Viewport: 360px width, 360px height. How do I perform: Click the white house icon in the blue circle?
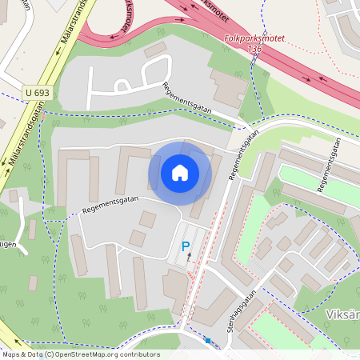(x=179, y=172)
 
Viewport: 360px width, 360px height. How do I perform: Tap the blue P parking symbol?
(x=186, y=248)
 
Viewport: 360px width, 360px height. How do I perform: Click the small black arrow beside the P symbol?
(x=190, y=258)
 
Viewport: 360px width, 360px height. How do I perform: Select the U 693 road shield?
(x=36, y=93)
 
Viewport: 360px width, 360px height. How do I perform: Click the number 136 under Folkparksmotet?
(x=254, y=49)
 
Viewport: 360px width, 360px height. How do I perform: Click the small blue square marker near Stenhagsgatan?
(x=208, y=341)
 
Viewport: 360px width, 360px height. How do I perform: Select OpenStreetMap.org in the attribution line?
(x=92, y=354)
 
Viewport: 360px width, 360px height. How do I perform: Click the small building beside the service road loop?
(x=155, y=50)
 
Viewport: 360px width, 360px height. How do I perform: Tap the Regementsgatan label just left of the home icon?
(x=110, y=205)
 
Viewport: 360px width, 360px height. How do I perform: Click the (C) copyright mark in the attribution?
(x=50, y=354)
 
